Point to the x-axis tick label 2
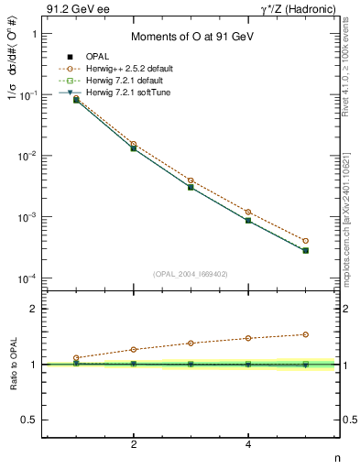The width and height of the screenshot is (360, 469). click(134, 444)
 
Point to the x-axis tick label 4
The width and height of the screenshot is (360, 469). click(248, 444)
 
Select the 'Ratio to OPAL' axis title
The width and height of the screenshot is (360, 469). click(14, 365)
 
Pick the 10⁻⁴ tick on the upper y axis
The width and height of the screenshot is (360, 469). click(30, 278)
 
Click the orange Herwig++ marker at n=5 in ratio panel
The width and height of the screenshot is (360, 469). click(305, 334)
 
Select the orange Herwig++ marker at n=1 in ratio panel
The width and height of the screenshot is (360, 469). click(77, 357)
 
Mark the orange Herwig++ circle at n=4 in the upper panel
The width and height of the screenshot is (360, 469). click(248, 212)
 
